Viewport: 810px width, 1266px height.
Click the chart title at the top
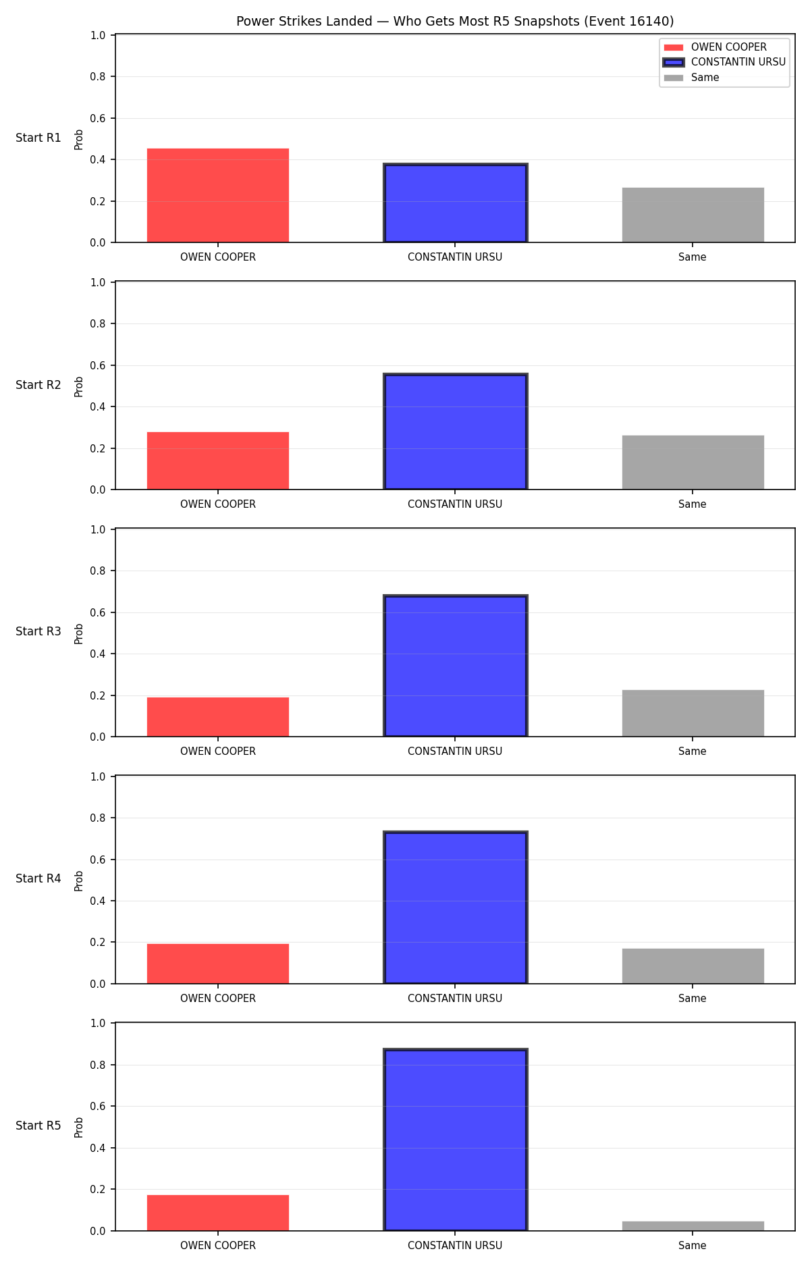[x=455, y=22]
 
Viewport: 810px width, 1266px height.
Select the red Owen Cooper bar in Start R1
[x=218, y=195]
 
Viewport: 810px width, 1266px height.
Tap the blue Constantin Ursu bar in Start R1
[x=456, y=203]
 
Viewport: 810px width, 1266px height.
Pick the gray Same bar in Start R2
[x=693, y=463]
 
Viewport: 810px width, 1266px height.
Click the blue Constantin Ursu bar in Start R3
[x=456, y=666]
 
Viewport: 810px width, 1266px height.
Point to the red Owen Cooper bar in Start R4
[x=218, y=964]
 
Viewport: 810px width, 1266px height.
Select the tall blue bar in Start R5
[x=456, y=1140]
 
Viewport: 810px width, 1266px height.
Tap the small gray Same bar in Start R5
[x=693, y=1226]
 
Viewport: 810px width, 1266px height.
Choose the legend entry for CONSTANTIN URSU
[x=725, y=62]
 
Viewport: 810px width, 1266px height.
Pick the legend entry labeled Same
[x=692, y=78]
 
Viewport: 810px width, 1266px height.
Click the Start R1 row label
[x=38, y=138]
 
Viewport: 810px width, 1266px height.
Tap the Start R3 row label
[x=38, y=631]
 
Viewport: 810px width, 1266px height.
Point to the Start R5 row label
[x=38, y=1126]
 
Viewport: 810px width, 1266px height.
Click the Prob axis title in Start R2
[x=79, y=386]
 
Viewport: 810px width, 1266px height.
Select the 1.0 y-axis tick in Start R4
[x=98, y=776]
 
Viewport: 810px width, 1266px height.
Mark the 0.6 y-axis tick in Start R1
[x=98, y=118]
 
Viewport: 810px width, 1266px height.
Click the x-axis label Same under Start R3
[x=693, y=751]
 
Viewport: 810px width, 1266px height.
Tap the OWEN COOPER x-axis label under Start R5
[x=218, y=1246]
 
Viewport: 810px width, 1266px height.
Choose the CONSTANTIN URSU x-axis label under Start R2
[x=455, y=504]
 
